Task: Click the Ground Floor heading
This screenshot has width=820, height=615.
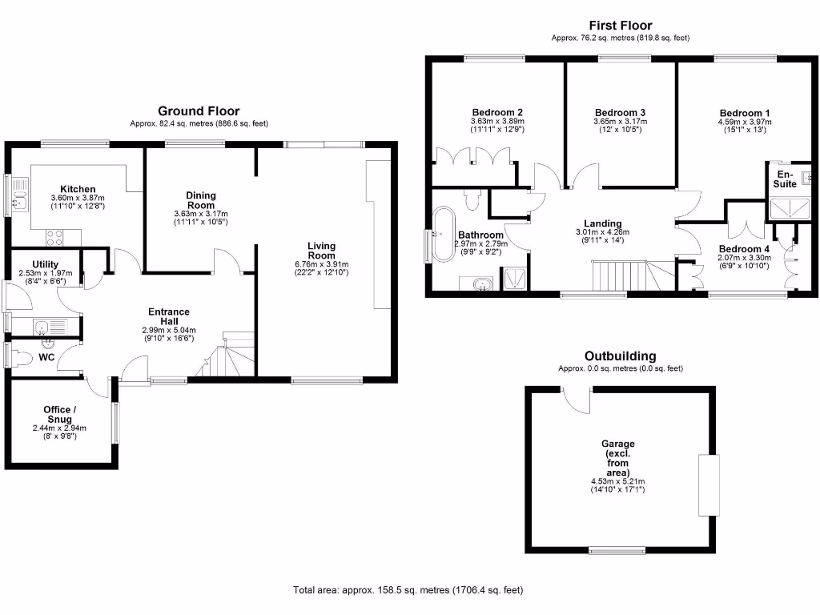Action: [x=198, y=111]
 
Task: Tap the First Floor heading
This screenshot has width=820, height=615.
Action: [x=620, y=26]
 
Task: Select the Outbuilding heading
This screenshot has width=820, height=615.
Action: [x=620, y=356]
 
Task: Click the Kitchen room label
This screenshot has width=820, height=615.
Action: [x=78, y=189]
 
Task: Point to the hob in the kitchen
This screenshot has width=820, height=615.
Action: [x=55, y=237]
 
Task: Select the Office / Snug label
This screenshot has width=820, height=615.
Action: [x=59, y=415]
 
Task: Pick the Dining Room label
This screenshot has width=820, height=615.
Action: [x=200, y=199]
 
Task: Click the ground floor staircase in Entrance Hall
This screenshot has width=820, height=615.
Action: [x=224, y=356]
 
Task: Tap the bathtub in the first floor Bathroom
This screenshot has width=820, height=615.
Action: [x=441, y=235]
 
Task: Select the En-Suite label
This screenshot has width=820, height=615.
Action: [x=785, y=179]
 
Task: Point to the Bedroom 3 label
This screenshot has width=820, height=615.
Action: [x=620, y=112]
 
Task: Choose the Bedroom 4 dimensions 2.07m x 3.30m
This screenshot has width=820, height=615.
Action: [x=744, y=259]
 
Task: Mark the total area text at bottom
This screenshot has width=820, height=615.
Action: [x=408, y=591]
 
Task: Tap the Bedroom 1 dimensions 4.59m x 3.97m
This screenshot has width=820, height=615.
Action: [x=744, y=122]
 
